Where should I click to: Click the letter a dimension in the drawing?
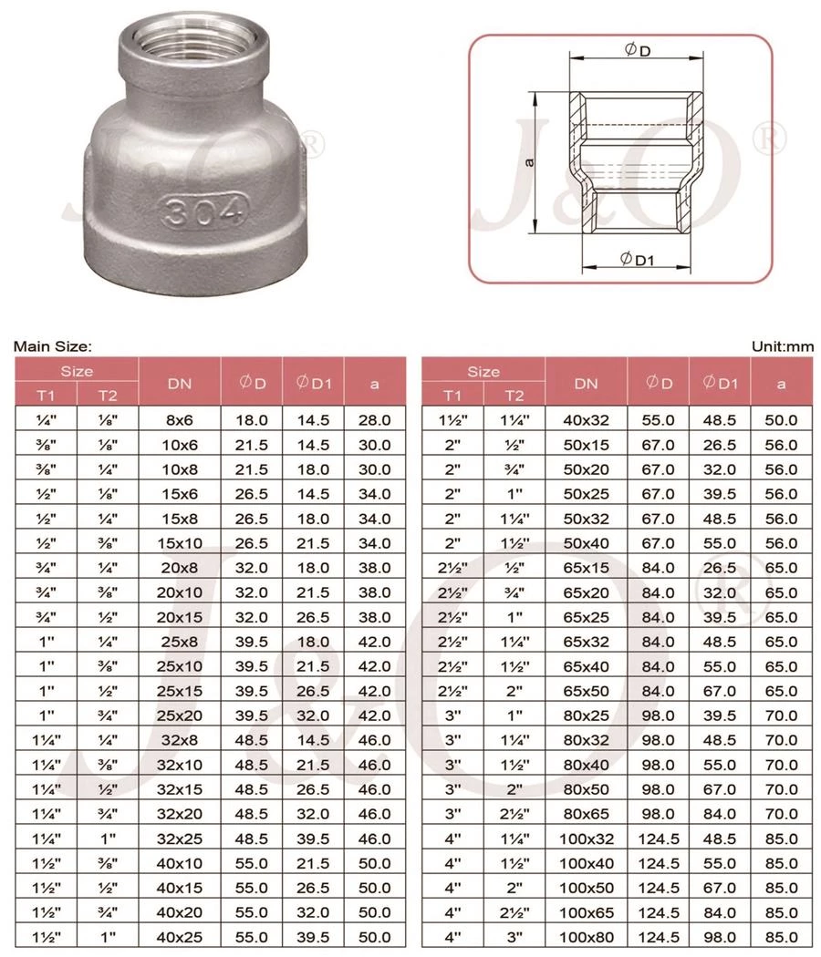pyautogui.click(x=530, y=162)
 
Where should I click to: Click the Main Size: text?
pyautogui.click(x=53, y=346)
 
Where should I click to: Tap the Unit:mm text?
pyautogui.click(x=782, y=346)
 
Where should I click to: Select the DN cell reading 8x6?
pyautogui.click(x=179, y=420)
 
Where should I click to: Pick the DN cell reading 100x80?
pyautogui.click(x=586, y=936)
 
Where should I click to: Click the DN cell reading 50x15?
pyautogui.click(x=586, y=446)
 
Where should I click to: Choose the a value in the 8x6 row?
pyautogui.click(x=374, y=420)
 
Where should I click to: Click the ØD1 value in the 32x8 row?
pyautogui.click(x=313, y=739)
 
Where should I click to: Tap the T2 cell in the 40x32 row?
pyautogui.click(x=514, y=420)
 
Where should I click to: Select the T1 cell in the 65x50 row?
pyautogui.click(x=452, y=666)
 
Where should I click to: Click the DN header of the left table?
pyautogui.click(x=179, y=383)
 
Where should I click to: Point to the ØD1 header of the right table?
pyautogui.click(x=719, y=383)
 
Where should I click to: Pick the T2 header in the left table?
pyautogui.click(x=108, y=395)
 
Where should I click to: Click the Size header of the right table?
pyautogui.click(x=483, y=371)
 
